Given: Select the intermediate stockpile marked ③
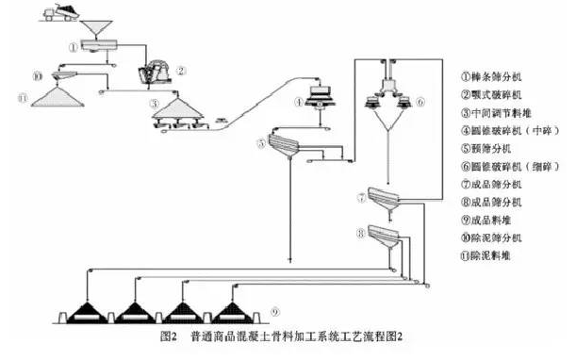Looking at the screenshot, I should pos(177,111).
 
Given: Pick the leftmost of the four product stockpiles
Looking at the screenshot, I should pos(92,309).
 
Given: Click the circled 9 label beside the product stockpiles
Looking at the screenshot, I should pos(274,312).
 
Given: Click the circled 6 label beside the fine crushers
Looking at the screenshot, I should pos(420,101).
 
